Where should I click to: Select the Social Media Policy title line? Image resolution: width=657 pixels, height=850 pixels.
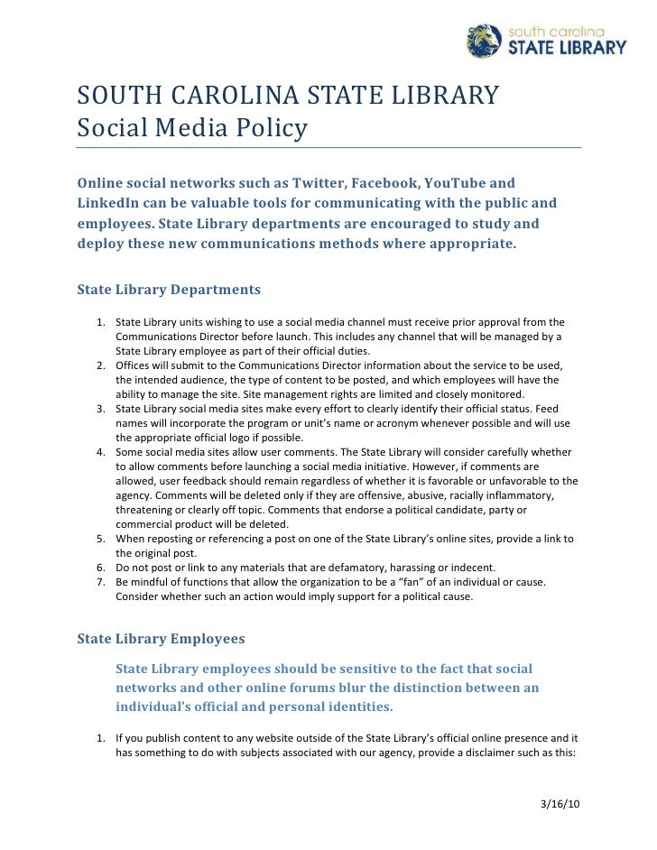[192, 129]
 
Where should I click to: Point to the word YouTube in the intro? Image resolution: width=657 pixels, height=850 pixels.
[462, 183]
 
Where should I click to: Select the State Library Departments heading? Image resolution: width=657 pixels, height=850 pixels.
[169, 290]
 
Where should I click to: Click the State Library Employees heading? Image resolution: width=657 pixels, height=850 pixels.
[161, 639]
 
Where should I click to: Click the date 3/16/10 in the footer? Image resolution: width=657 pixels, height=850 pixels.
[558, 802]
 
